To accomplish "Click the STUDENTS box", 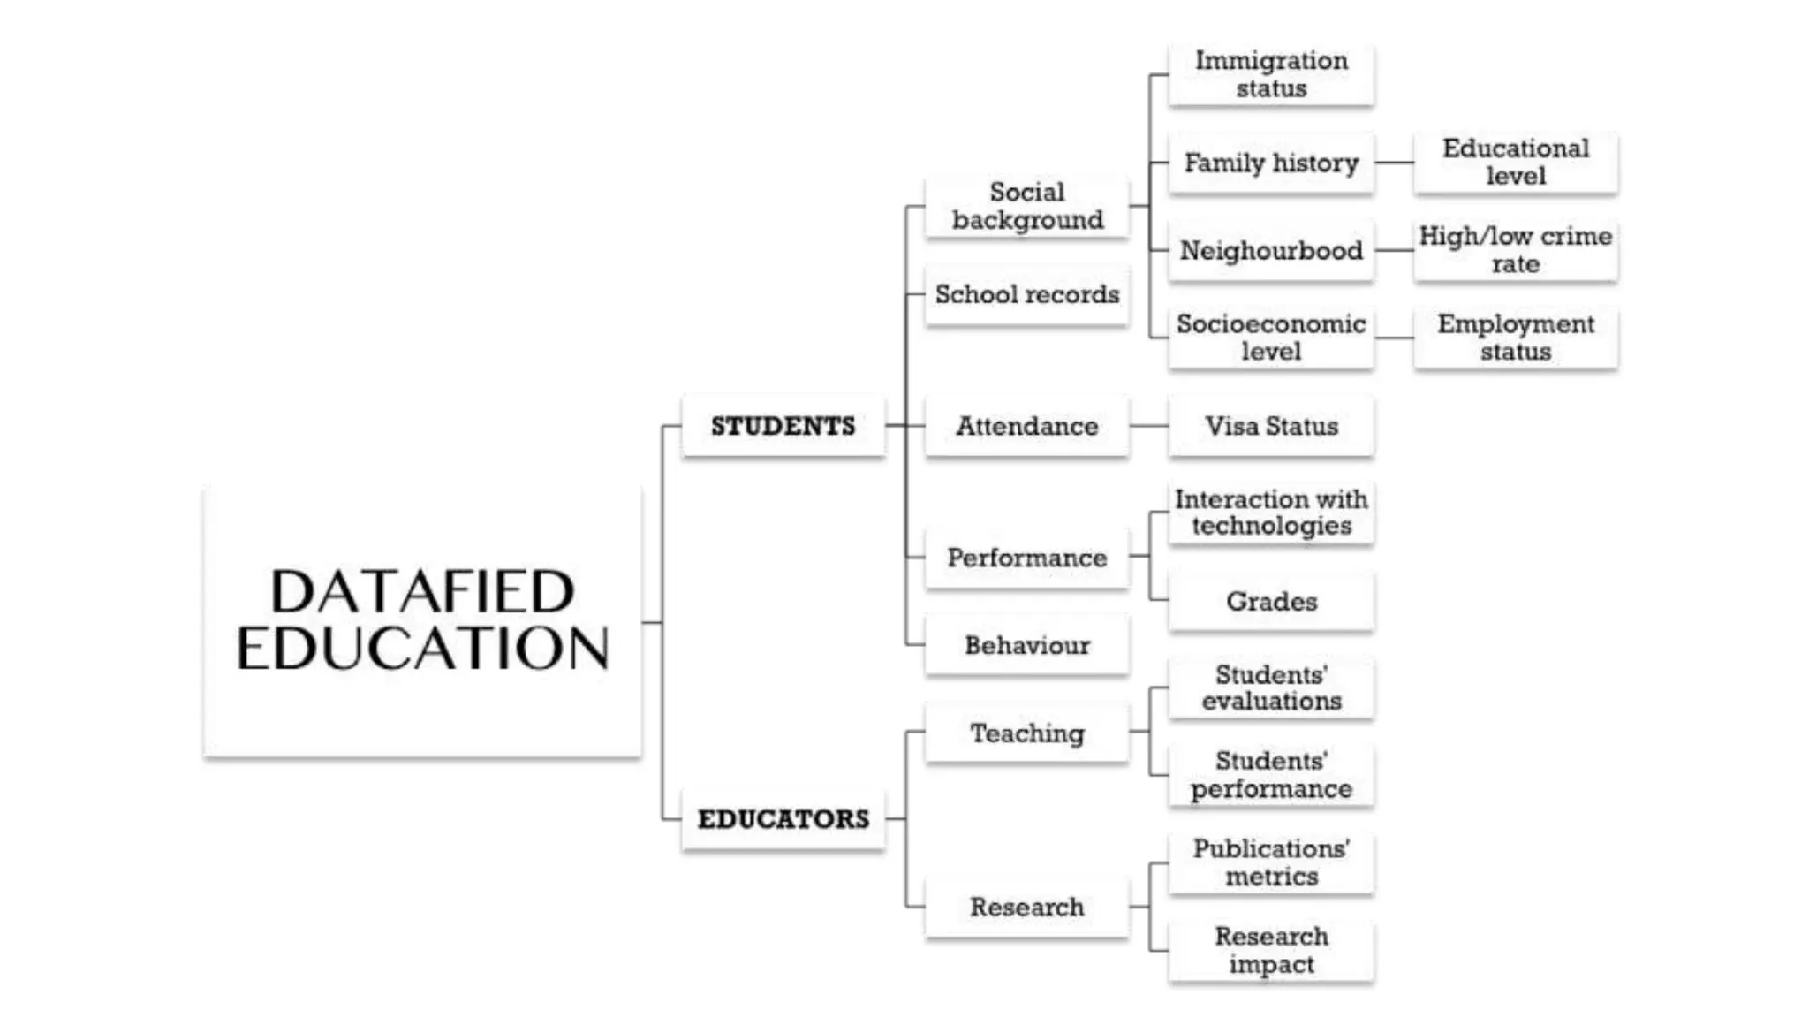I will point(783,426).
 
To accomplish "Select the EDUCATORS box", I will point(783,819).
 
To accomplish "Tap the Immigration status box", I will point(1271,74).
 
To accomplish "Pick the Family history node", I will point(1271,163).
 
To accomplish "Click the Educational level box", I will point(1516,162).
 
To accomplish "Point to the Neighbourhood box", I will point(1271,250).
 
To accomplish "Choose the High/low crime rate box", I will point(1516,250).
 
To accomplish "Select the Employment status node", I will point(1516,338).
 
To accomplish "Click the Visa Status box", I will point(1271,426).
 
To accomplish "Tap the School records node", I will point(1026,294).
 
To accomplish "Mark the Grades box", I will point(1271,601).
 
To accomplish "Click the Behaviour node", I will point(1026,645).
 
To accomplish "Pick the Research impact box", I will point(1271,950).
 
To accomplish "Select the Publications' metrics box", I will point(1271,862).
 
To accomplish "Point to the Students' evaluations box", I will point(1271,688).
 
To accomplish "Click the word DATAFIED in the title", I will point(422,591).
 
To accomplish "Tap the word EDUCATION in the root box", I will point(422,648).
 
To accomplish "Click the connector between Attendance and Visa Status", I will point(1148,426).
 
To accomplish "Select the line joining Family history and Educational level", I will point(1394,163).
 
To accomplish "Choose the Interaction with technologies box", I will point(1271,513).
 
